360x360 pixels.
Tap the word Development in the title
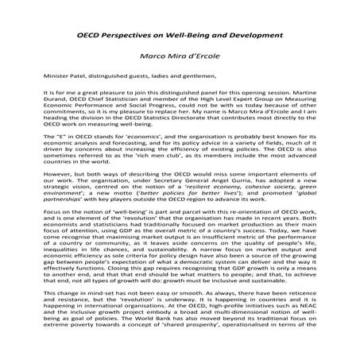tap(254, 37)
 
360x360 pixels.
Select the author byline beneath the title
tap(179, 57)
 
